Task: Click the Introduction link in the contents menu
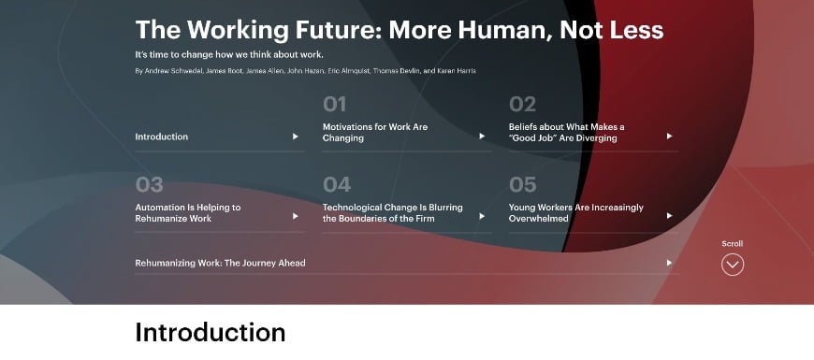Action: click(162, 137)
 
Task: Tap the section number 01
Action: click(335, 104)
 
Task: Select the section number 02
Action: click(522, 104)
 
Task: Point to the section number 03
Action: click(149, 184)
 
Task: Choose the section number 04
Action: click(337, 184)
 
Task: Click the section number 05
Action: click(522, 184)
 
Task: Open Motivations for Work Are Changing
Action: click(375, 132)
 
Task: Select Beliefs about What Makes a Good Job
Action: click(566, 132)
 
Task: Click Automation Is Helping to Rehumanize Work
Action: click(187, 212)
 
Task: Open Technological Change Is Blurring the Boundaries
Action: click(392, 212)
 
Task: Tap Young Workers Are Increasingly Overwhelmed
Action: click(575, 212)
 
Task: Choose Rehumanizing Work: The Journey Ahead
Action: click(220, 263)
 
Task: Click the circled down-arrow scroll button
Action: click(733, 265)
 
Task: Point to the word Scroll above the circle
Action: click(733, 244)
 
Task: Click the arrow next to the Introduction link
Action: click(295, 137)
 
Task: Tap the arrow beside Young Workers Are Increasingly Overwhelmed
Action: click(669, 216)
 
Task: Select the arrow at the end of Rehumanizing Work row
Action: click(669, 263)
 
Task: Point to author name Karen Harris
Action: click(457, 71)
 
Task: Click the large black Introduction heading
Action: click(211, 332)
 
